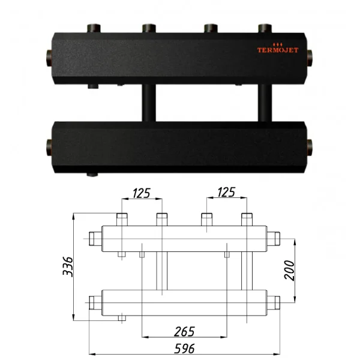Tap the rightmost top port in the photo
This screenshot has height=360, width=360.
[x=265, y=28]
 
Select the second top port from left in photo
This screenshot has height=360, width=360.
[x=148, y=28]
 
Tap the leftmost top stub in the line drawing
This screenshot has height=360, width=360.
[x=122, y=219]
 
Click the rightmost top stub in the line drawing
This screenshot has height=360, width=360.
[x=247, y=219]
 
